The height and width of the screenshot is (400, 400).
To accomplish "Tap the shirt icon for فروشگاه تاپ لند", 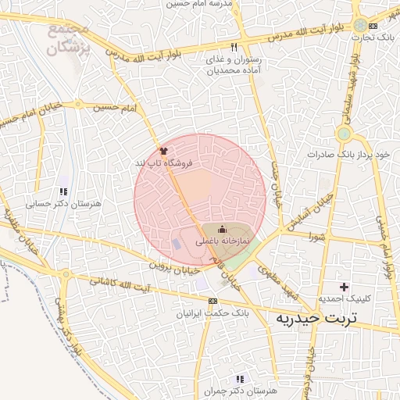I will click(x=162, y=149).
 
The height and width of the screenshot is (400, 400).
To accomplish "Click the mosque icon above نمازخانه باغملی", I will click(x=221, y=229).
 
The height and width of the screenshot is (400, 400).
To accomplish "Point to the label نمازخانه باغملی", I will click(x=221, y=242).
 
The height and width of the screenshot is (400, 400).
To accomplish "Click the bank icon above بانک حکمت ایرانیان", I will click(x=213, y=301).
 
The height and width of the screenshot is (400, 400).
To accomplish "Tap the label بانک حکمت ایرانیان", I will click(x=213, y=313).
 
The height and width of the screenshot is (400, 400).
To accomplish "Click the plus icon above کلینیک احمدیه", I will click(x=343, y=287).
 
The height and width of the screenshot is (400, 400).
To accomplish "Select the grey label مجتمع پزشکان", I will click(x=68, y=39).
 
